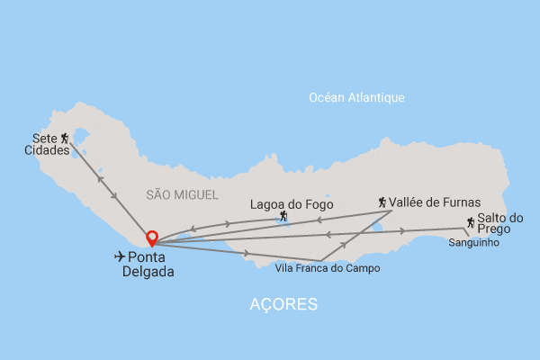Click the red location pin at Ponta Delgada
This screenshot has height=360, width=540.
pos(153,238)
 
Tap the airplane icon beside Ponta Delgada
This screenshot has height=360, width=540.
pos(120,256)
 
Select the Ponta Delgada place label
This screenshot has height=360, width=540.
pos(148,264)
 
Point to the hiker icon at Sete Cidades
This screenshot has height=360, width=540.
pos(64,138)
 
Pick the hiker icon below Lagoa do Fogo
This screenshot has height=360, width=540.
pos(283,216)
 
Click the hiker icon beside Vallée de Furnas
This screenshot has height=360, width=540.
pos(382,202)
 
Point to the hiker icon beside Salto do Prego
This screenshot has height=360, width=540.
pos(471,222)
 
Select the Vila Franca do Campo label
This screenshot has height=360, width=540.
pos(328,268)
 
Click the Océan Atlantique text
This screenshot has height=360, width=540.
pos(356,97)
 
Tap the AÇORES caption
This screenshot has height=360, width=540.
pos(283,305)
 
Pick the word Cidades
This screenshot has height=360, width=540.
pos(47,150)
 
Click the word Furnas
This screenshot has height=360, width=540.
pos(460,202)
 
